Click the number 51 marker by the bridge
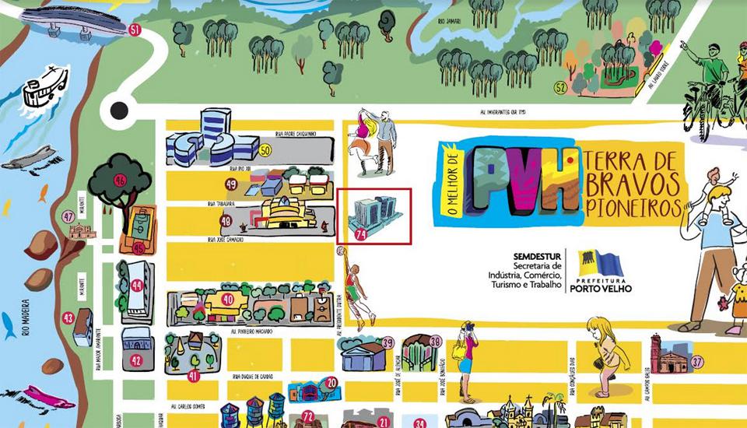click(135, 30)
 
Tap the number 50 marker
click(265, 150)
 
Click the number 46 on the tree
click(120, 180)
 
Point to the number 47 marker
click(68, 216)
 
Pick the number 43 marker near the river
click(68, 317)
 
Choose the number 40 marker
click(228, 300)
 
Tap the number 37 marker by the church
click(697, 361)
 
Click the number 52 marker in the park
click(560, 87)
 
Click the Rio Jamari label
click(449, 21)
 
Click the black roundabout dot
click(119, 111)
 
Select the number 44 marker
click(137, 286)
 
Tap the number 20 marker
click(331, 382)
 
